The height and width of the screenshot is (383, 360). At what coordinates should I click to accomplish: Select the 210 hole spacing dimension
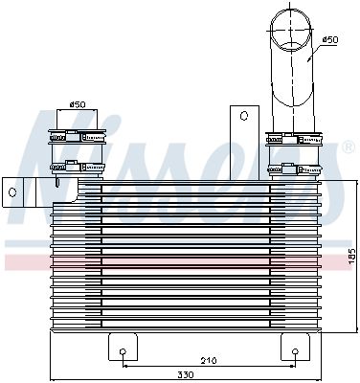(x=207, y=361)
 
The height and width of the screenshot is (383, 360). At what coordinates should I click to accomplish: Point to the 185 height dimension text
(x=350, y=257)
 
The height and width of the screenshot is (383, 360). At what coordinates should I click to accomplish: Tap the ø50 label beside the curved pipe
(x=329, y=39)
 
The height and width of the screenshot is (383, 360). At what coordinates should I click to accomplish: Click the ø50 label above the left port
(x=76, y=103)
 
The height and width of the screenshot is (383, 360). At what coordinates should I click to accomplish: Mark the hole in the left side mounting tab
(x=12, y=192)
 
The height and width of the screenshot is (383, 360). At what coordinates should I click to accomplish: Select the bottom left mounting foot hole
(x=123, y=352)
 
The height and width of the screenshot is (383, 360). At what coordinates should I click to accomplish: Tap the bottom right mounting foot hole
(x=294, y=352)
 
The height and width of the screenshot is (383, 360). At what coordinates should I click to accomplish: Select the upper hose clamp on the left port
(x=75, y=146)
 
